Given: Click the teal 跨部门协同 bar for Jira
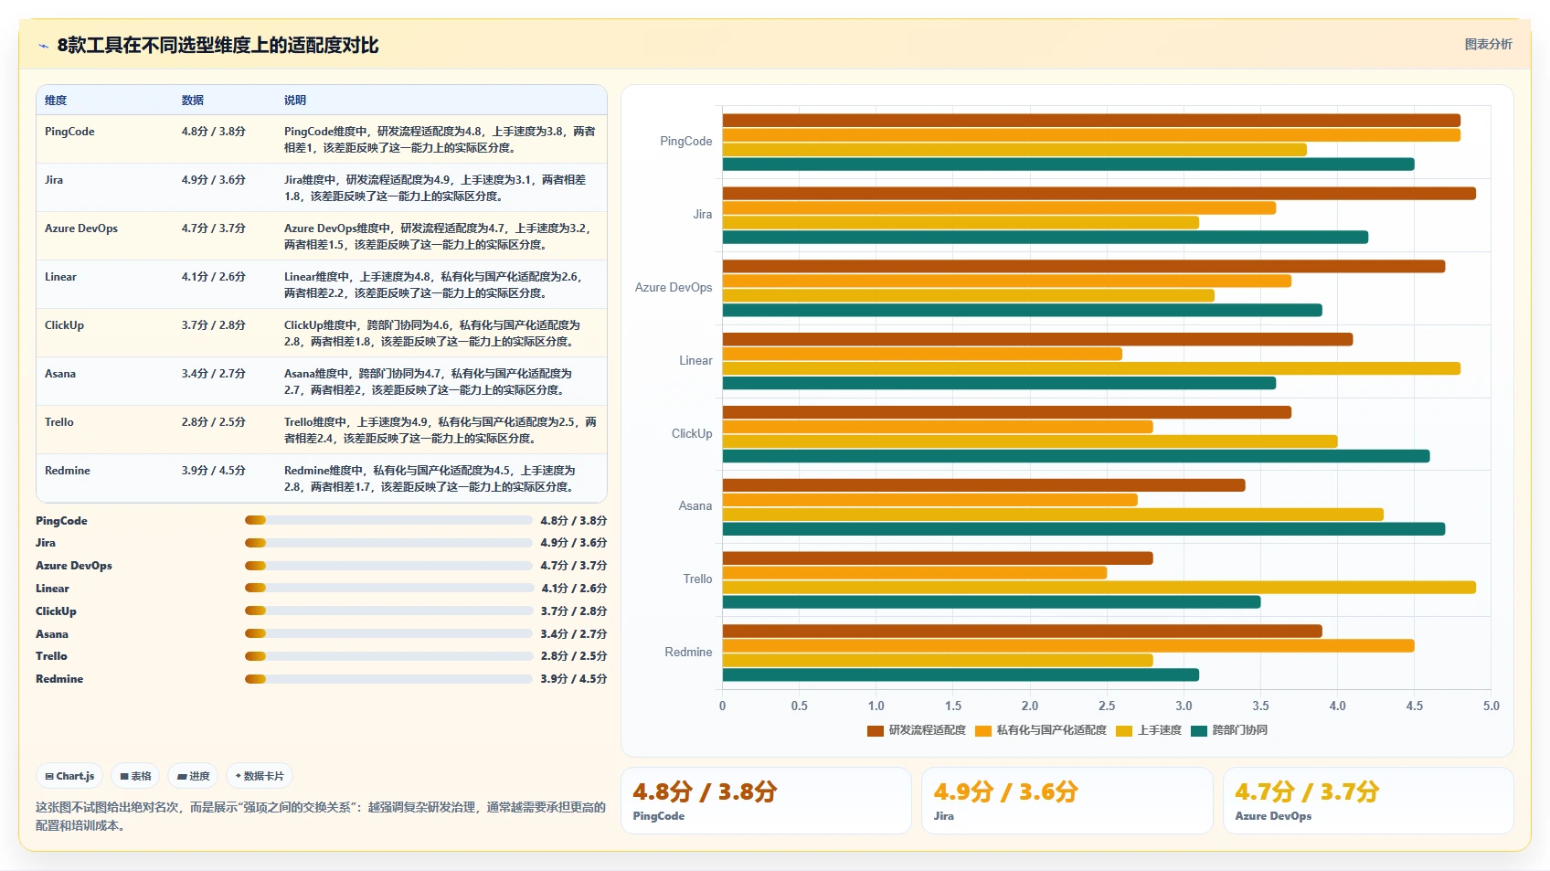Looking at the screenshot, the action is (x=1045, y=238).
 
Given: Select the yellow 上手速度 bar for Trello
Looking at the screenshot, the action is (x=1099, y=588).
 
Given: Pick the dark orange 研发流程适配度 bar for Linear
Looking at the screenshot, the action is (x=1037, y=339).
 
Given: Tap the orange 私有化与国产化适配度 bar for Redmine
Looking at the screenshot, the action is (x=1068, y=645).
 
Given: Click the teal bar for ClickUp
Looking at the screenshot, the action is (x=1076, y=456).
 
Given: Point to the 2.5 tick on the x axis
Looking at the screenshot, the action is (x=1107, y=706).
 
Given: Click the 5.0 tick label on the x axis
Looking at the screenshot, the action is (x=1492, y=706).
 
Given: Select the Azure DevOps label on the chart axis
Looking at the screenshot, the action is (x=674, y=287).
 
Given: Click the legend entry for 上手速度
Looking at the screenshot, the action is (x=1149, y=730).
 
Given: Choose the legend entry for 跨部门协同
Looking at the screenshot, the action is (x=1229, y=730).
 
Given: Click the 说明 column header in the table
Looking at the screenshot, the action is (x=295, y=101).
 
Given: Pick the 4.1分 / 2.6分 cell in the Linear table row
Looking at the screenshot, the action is (x=213, y=277).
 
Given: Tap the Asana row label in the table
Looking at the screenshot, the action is (x=60, y=374).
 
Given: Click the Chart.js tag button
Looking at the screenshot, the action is (x=69, y=776).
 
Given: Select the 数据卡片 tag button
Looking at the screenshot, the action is (x=260, y=776).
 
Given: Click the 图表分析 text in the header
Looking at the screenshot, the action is (x=1489, y=44).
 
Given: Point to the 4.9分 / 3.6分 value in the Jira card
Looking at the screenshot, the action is (x=1005, y=791).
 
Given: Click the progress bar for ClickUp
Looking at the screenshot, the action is (x=388, y=611).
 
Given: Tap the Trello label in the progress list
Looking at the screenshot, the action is (x=52, y=656).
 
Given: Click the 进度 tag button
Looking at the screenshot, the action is (x=193, y=776).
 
